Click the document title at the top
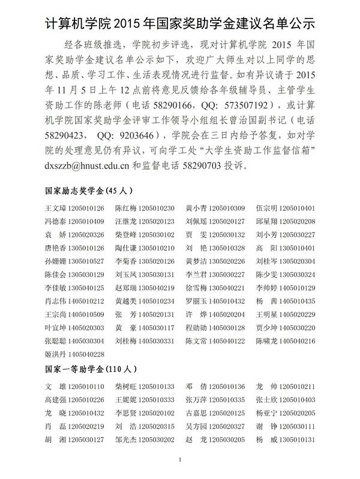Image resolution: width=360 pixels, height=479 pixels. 180,23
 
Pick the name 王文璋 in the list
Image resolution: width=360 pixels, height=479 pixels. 56,209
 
